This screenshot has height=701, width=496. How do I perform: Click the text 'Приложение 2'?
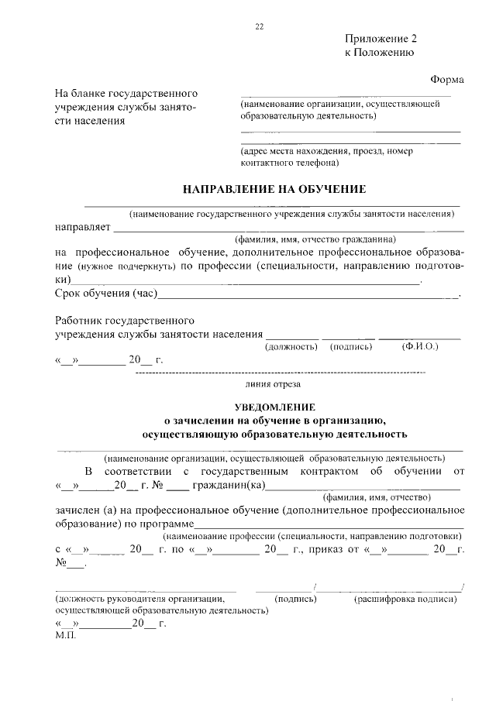(381, 39)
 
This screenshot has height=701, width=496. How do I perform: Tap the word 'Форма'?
(446, 80)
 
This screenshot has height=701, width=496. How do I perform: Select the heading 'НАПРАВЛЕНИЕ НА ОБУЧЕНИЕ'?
(273, 189)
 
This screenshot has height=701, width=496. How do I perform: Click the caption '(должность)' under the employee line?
(291, 347)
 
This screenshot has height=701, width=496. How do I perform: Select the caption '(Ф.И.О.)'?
(420, 347)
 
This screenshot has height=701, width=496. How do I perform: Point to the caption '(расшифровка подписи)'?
(405, 599)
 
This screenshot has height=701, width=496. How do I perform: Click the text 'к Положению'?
(379, 53)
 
